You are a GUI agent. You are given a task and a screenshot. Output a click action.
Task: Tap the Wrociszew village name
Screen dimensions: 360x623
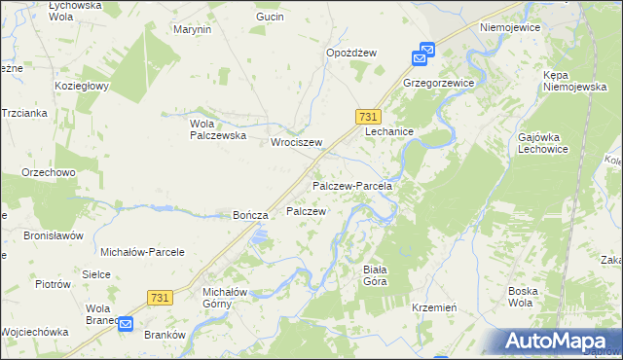296,142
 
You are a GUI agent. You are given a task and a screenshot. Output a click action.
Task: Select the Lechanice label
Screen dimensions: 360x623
389,131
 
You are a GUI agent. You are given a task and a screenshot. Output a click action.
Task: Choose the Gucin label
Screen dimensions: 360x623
270,18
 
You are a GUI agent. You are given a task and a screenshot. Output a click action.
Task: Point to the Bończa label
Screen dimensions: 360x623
249,215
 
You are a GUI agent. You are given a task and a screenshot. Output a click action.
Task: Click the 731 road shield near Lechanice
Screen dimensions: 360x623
367,115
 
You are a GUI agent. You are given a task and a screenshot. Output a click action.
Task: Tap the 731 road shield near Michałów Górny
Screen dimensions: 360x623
162,297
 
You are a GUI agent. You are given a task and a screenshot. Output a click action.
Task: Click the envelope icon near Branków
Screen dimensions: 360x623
126,328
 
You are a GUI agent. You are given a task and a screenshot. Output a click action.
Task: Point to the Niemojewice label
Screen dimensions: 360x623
509,28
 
